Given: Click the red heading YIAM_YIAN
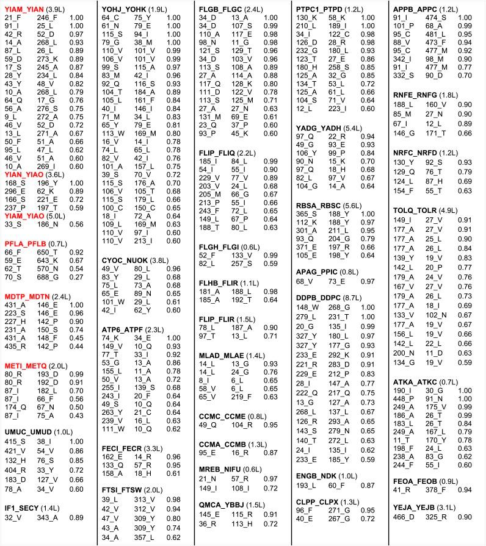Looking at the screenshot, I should (24, 10).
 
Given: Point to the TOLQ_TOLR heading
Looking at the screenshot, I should (415, 210).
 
